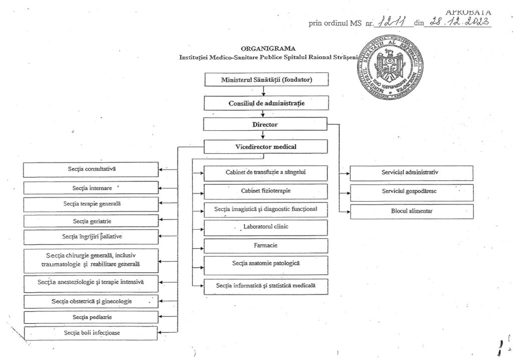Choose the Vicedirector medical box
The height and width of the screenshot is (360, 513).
point(266,146)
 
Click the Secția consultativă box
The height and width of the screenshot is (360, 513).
point(91,169)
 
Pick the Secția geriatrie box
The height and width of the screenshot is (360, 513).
point(91,221)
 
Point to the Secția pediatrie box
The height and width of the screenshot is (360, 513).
point(91,317)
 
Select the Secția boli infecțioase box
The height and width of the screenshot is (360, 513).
point(91,332)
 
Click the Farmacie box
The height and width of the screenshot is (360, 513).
point(266,245)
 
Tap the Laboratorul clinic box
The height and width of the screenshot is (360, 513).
point(266,227)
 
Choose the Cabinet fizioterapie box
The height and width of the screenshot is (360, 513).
point(266,191)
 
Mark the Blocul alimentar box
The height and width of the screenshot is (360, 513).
point(411,211)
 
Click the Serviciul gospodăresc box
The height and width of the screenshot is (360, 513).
point(411,192)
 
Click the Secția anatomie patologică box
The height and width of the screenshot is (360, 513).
point(266,264)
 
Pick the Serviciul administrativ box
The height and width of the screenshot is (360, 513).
point(411,172)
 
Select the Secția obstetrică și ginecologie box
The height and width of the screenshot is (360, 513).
point(91,301)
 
